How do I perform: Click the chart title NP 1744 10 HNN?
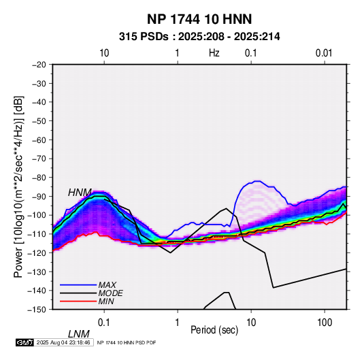(x=199, y=19)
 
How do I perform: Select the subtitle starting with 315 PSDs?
(x=199, y=37)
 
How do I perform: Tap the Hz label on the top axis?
(x=214, y=53)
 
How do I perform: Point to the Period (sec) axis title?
(x=214, y=330)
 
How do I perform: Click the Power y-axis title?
(x=18, y=186)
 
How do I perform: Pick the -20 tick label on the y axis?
(x=39, y=65)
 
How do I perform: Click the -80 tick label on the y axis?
(x=39, y=178)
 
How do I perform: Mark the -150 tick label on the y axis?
(x=37, y=310)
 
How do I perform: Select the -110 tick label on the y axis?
(x=37, y=234)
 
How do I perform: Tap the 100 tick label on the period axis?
(x=325, y=323)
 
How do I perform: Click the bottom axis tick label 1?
(x=178, y=323)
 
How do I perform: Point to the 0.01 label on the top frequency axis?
(x=324, y=53)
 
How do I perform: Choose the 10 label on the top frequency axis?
(x=104, y=53)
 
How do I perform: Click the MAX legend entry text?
(x=107, y=284)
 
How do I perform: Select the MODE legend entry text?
(x=110, y=293)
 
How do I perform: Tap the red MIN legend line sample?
(x=78, y=301)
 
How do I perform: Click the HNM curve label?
(x=80, y=193)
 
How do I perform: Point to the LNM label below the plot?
(x=79, y=334)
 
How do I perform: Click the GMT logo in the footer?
(x=25, y=342)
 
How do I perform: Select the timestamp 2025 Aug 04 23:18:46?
(x=63, y=342)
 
